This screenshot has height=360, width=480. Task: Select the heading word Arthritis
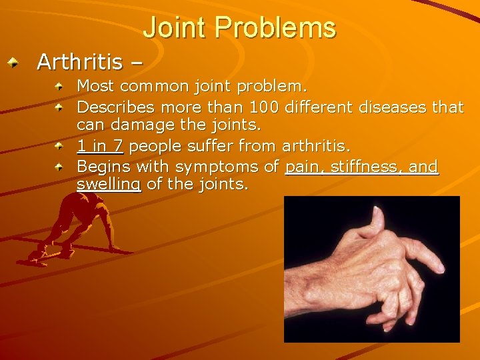pyautogui.click(x=79, y=62)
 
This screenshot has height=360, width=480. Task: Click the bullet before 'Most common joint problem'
pyautogui.click(x=59, y=87)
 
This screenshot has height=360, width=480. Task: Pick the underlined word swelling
pyautogui.click(x=109, y=185)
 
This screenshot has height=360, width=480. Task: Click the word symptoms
pyautogui.click(x=216, y=166)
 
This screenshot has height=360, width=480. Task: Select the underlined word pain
pyautogui.click(x=303, y=166)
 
